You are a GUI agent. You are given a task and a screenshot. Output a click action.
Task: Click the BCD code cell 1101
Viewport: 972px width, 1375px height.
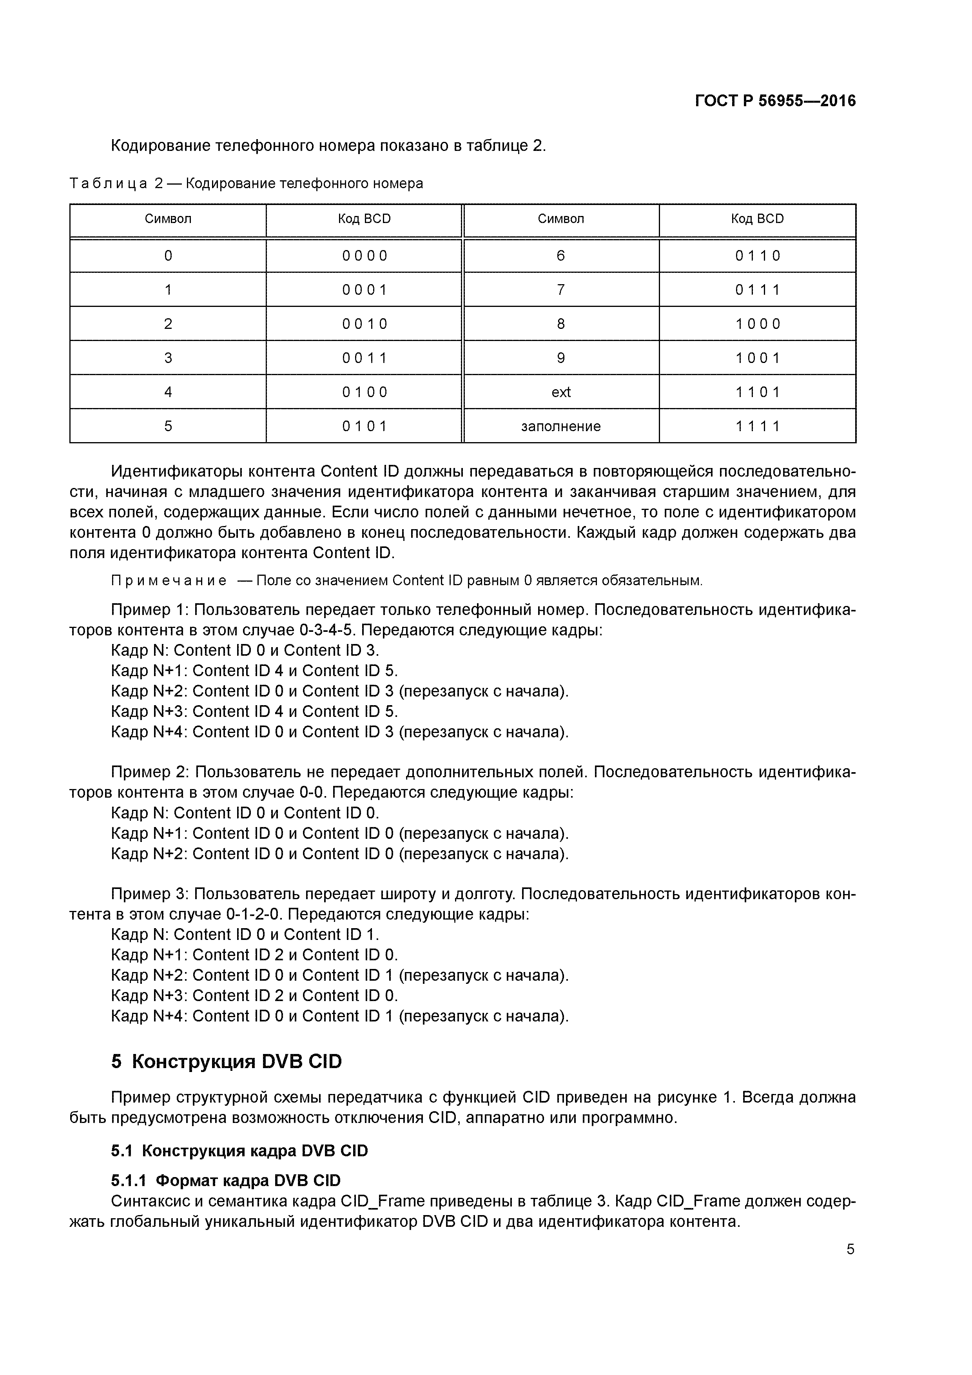coord(758,392)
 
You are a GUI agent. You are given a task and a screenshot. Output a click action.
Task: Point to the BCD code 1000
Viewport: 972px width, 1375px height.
coord(758,324)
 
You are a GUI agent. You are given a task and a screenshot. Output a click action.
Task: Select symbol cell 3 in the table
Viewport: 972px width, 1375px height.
coord(168,358)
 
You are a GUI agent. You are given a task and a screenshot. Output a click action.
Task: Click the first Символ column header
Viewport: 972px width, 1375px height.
coord(168,219)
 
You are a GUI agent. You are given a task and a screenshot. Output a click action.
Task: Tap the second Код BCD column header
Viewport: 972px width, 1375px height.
coord(758,219)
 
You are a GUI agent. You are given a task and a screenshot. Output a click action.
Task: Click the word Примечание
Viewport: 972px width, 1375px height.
coord(169,581)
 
